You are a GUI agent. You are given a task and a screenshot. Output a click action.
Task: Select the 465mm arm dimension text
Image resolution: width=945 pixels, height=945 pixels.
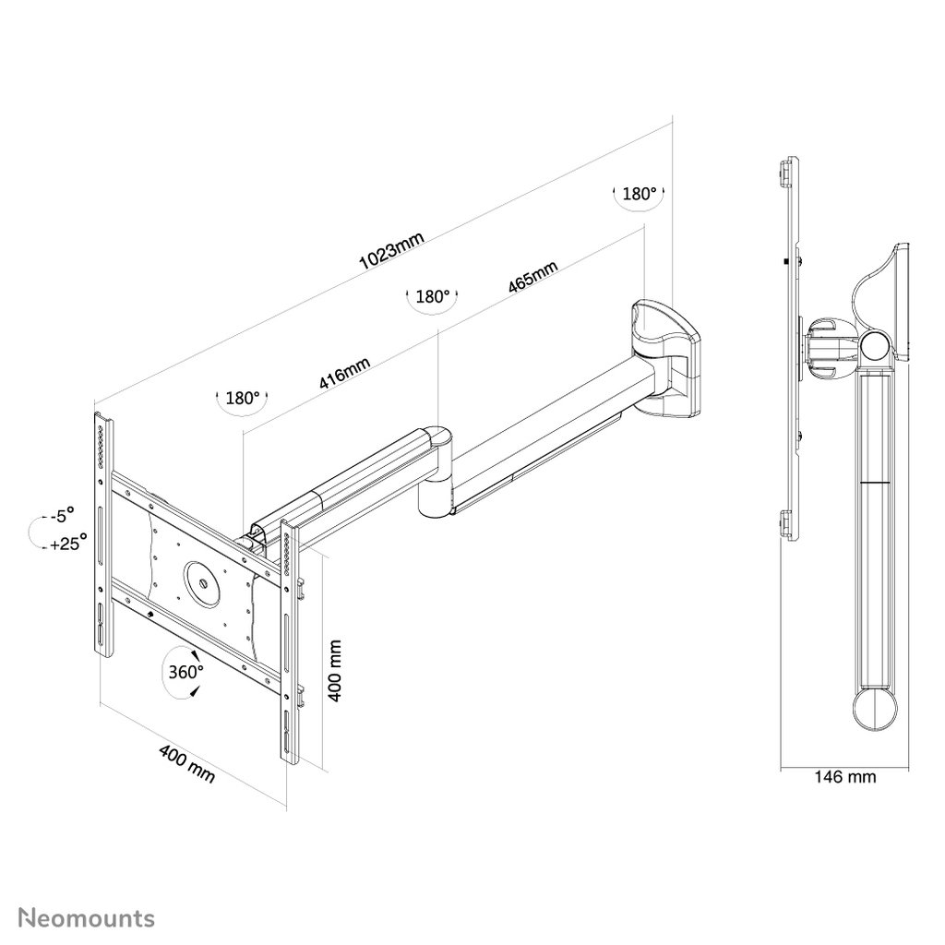[532, 277]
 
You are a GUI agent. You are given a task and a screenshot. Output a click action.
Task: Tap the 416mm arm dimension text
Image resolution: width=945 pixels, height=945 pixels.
[344, 373]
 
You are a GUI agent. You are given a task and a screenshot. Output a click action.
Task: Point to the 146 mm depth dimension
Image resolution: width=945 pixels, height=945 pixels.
[845, 777]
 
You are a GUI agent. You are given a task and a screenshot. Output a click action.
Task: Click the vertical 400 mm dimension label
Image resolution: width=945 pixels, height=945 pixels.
[335, 670]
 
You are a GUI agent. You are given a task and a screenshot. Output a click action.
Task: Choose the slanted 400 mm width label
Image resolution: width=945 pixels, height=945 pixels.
[186, 763]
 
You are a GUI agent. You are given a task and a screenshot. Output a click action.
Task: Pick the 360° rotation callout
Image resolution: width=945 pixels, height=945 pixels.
[185, 672]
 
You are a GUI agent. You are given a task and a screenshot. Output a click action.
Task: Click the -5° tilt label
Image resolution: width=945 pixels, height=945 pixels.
[62, 515]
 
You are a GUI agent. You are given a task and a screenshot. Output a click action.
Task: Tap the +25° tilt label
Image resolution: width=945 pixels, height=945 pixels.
[68, 543]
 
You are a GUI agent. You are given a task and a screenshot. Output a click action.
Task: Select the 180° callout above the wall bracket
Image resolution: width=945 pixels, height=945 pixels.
[639, 194]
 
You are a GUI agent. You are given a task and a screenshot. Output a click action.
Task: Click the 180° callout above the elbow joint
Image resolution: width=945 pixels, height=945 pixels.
[433, 296]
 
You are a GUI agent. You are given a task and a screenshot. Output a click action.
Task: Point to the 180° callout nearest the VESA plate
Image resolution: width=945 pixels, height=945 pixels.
[243, 398]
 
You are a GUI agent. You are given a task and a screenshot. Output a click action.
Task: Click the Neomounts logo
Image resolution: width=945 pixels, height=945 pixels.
[87, 918]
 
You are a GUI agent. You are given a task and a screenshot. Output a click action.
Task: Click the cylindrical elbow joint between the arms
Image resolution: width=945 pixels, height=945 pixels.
[436, 472]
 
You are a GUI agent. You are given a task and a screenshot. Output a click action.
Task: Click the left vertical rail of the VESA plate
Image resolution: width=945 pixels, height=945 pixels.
[103, 535]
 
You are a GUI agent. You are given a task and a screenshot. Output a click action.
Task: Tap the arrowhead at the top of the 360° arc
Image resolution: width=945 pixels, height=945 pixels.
[195, 655]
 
